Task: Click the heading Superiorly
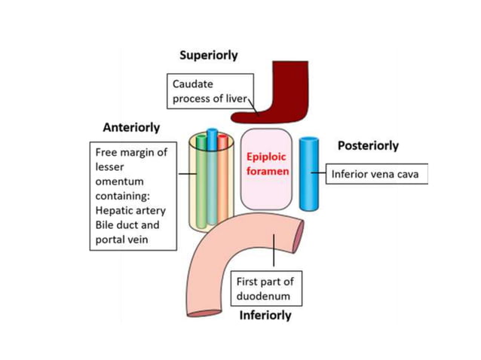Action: click(209, 56)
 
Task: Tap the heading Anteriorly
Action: click(132, 127)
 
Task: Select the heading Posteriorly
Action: click(368, 145)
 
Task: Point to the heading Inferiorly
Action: click(265, 315)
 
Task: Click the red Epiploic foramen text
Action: click(265, 165)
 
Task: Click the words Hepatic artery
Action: click(130, 211)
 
